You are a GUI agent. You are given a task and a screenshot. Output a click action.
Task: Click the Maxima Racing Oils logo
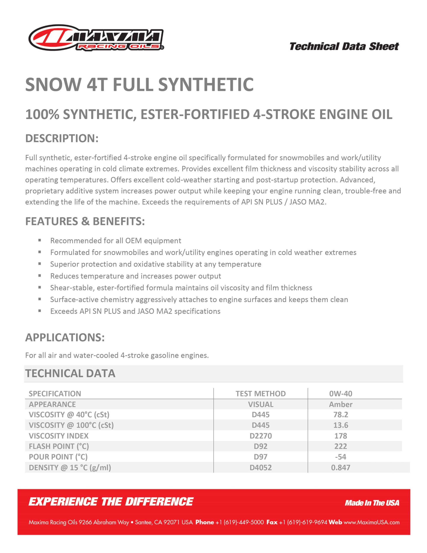(x=96, y=38)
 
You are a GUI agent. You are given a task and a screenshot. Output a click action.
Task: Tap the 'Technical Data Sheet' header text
(x=344, y=47)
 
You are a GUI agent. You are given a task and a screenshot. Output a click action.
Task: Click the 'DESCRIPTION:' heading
(x=62, y=138)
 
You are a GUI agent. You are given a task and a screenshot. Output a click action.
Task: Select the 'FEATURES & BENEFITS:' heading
(x=85, y=221)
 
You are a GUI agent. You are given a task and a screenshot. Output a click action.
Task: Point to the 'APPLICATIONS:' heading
(x=65, y=337)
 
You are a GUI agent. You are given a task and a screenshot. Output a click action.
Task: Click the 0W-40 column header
(x=340, y=394)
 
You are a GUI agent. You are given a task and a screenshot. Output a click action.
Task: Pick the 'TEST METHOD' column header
(x=260, y=394)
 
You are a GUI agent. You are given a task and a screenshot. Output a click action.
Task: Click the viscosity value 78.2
(x=340, y=415)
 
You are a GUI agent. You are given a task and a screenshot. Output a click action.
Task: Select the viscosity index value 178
(x=340, y=436)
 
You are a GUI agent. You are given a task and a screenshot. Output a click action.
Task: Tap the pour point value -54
(x=340, y=457)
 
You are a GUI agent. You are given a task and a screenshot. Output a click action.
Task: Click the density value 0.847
(x=340, y=467)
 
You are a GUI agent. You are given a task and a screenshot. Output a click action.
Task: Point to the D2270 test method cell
(x=260, y=436)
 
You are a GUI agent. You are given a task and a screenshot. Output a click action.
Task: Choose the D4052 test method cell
(x=260, y=467)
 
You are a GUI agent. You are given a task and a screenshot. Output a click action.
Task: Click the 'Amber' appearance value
(x=340, y=404)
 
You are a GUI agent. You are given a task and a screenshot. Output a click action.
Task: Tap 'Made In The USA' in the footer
(x=372, y=503)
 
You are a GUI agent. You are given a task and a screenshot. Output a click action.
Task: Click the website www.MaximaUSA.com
(x=371, y=522)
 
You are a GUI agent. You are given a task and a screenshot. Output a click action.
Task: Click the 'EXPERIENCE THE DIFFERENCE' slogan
(x=111, y=502)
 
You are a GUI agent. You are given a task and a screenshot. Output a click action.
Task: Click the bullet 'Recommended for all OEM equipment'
(x=116, y=241)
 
